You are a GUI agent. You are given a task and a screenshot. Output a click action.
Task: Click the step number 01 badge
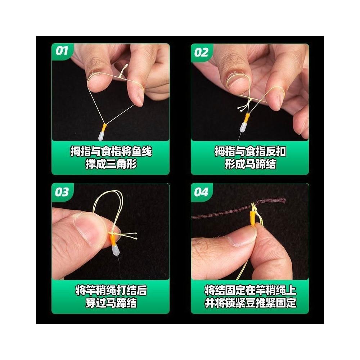click(x=62, y=51)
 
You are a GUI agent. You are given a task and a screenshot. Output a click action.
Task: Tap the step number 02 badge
click(x=201, y=52)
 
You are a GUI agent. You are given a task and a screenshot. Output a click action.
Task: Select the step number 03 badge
click(x=62, y=192)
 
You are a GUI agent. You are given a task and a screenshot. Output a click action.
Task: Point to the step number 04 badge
click(x=201, y=192)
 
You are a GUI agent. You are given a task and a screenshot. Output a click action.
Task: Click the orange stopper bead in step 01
click(x=104, y=128)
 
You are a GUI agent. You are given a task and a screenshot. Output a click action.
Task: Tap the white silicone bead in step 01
click(x=101, y=136)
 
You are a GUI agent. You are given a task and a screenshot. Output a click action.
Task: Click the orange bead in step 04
click(x=253, y=218)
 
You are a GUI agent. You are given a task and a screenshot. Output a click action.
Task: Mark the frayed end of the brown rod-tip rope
click(x=284, y=200)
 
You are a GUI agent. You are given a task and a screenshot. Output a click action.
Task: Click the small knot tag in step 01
click(x=124, y=70)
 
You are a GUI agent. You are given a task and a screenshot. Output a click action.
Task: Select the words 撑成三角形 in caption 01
click(x=111, y=164)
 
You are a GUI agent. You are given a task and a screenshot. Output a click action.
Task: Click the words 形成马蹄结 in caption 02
click(x=250, y=164)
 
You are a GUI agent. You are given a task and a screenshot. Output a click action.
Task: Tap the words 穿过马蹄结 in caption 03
click(x=111, y=303)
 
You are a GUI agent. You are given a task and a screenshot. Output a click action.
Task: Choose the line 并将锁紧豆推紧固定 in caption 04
click(x=250, y=303)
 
